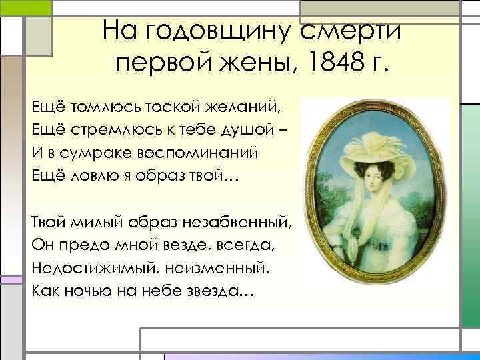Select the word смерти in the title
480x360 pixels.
(x=351, y=31)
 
